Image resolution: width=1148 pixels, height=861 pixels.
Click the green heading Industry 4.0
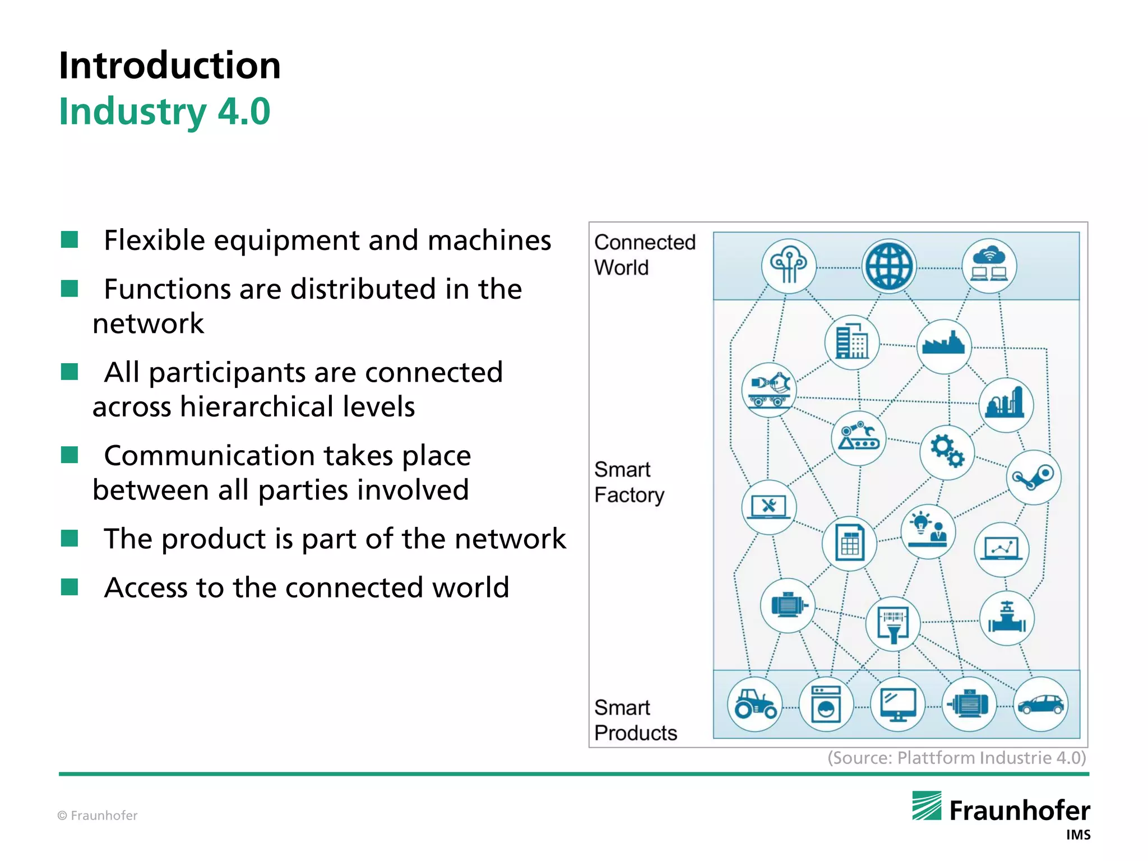pyautogui.click(x=164, y=112)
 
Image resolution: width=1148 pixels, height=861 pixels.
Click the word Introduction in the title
pyautogui.click(x=169, y=66)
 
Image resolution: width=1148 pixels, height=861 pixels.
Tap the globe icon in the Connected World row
pyautogui.click(x=888, y=266)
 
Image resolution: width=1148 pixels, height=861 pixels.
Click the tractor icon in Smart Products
pyautogui.click(x=754, y=704)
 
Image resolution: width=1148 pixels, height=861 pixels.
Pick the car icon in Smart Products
pyautogui.click(x=1040, y=704)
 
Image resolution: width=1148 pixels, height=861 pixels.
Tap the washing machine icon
pyautogui.click(x=826, y=705)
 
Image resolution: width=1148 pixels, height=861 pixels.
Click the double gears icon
pyautogui.click(x=947, y=452)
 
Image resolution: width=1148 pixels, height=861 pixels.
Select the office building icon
pyautogui.click(x=851, y=342)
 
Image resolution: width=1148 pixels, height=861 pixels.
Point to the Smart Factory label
pyautogui.click(x=628, y=482)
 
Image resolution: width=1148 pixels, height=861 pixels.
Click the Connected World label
pyautogui.click(x=644, y=254)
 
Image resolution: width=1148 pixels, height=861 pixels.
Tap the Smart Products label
pyautogui.click(x=635, y=720)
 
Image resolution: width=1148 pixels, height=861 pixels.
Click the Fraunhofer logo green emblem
pyautogui.click(x=926, y=806)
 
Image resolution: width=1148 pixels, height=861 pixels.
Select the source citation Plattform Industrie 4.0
pyautogui.click(x=956, y=758)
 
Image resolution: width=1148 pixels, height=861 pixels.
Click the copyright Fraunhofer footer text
pyautogui.click(x=98, y=816)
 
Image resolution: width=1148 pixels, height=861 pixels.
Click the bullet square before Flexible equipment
pyautogui.click(x=70, y=240)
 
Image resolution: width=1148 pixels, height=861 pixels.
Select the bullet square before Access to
pyautogui.click(x=70, y=587)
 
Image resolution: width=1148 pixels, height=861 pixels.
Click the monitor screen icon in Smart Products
pyautogui.click(x=897, y=705)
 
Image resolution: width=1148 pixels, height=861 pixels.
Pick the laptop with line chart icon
pyautogui.click(x=1001, y=549)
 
